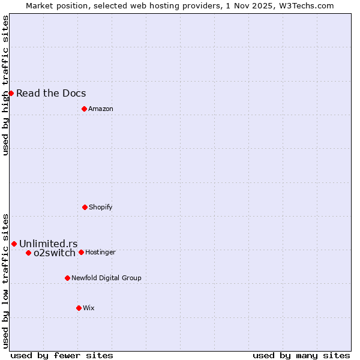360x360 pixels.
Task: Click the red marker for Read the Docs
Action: [x=11, y=93]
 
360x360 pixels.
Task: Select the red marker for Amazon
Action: [x=84, y=109]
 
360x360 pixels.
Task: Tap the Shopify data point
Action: [x=85, y=207]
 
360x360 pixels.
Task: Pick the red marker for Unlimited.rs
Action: [x=14, y=244]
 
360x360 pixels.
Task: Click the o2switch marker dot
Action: [x=28, y=253]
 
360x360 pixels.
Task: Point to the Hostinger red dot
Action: [x=81, y=252]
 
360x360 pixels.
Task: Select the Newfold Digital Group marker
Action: [x=67, y=278]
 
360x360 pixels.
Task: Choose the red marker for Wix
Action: [x=79, y=308]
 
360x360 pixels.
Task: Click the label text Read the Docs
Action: [x=51, y=93]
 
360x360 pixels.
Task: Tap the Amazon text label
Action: [x=101, y=109]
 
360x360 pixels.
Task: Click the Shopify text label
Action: [x=101, y=207]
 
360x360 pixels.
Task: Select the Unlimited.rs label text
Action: [x=49, y=244]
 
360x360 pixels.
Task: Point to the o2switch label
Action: [x=55, y=253]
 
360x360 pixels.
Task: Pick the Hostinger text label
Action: [x=100, y=252]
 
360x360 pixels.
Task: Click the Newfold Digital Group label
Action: [x=106, y=278]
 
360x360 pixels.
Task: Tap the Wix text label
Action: [x=89, y=308]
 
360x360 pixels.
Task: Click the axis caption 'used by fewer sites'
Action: [x=62, y=355]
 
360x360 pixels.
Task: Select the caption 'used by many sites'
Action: [x=301, y=355]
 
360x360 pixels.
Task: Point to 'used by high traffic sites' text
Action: [x=5, y=85]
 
